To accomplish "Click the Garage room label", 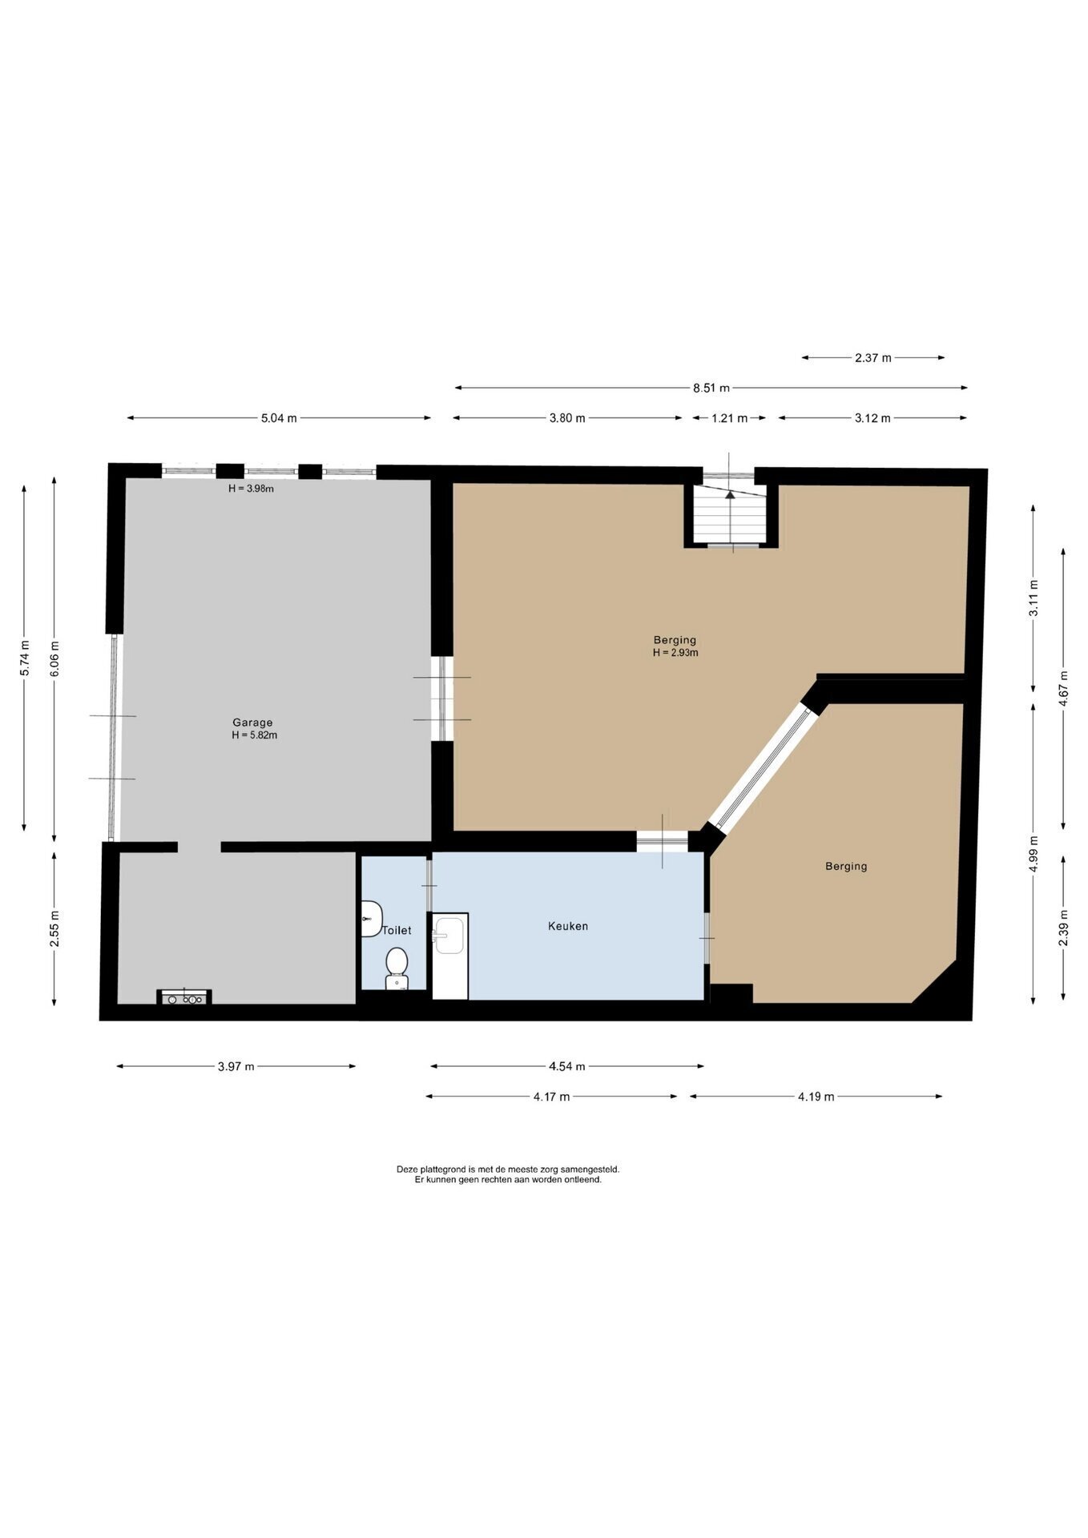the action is click(x=252, y=722).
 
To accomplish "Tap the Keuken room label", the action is click(x=568, y=926).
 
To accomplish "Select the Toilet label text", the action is click(x=397, y=930).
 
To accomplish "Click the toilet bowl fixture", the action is click(x=397, y=969).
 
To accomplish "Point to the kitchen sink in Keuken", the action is click(x=449, y=936).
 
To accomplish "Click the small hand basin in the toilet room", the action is click(x=371, y=918).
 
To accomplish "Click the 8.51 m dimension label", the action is click(x=711, y=388).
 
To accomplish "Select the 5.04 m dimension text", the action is click(x=279, y=417).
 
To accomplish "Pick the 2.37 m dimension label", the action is click(x=873, y=357).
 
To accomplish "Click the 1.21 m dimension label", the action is click(x=729, y=417).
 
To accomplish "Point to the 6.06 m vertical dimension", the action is click(x=54, y=658).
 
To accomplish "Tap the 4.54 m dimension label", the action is click(x=567, y=1066).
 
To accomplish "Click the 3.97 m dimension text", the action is click(x=236, y=1066).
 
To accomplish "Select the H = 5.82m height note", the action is click(x=254, y=735).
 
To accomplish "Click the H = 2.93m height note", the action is click(x=675, y=652).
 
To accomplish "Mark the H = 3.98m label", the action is click(x=251, y=489).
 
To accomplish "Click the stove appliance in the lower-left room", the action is click(x=184, y=997).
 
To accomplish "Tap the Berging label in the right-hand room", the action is click(x=846, y=866).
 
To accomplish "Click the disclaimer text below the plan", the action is click(x=508, y=1174).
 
